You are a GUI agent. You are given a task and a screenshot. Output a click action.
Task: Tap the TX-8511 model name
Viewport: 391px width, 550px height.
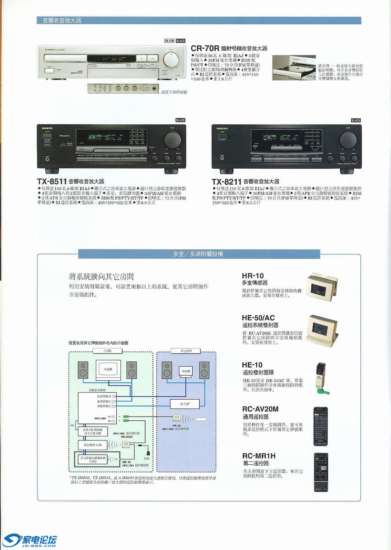tap(52, 181)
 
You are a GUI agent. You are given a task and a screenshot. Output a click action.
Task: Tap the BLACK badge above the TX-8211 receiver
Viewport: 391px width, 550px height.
tap(356, 120)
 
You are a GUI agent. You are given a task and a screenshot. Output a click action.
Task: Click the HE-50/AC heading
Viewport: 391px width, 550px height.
tap(258, 318)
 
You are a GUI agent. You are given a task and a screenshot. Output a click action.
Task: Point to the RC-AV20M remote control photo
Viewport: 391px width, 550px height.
tap(321, 426)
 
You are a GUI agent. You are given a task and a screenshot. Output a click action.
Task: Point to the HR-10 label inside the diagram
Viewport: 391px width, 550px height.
tap(177, 425)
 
